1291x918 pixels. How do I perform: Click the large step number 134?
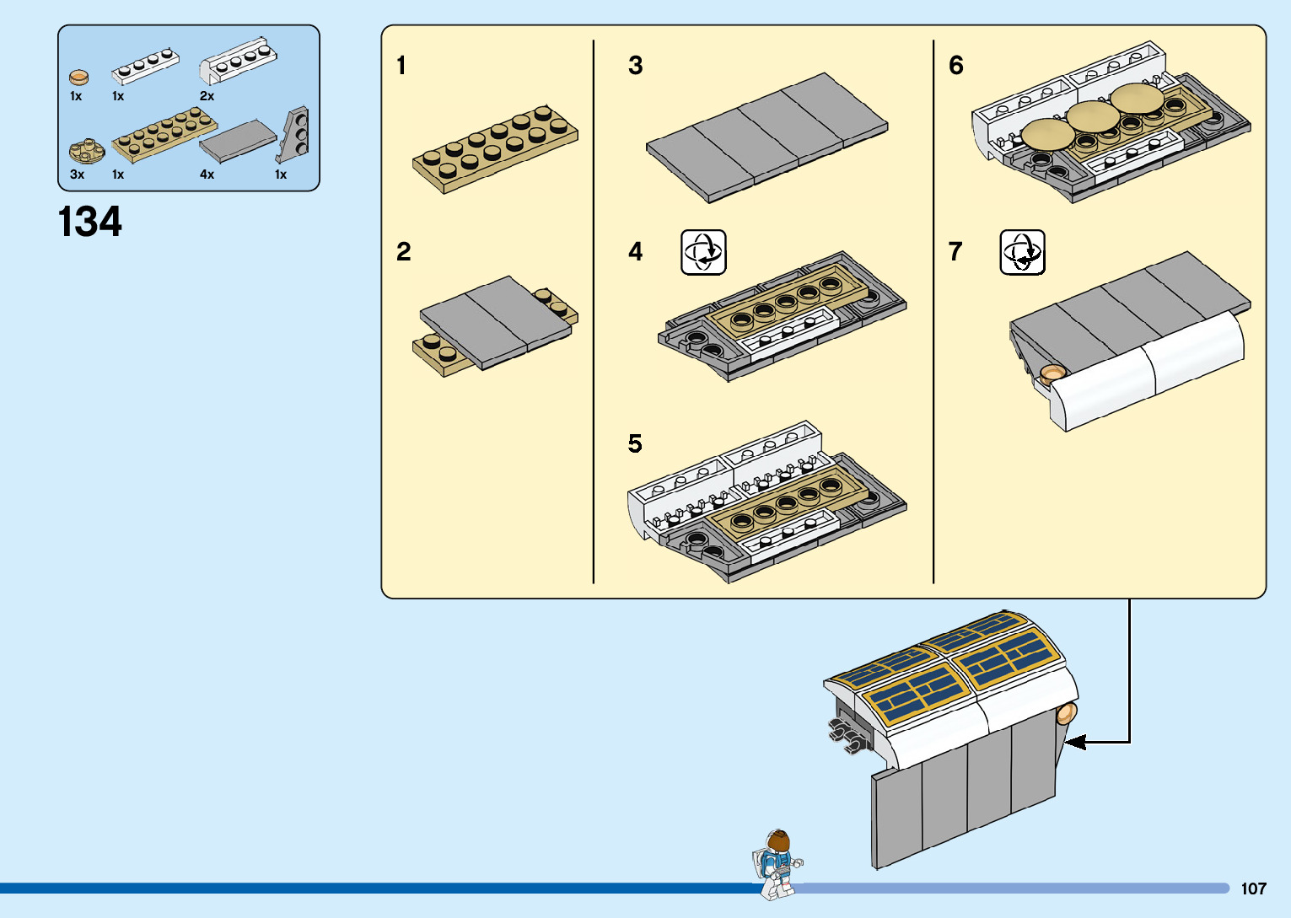coord(90,222)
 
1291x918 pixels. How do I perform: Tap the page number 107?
coord(1253,888)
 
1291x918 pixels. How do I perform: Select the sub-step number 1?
coord(401,66)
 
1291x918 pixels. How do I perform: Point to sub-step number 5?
coord(635,443)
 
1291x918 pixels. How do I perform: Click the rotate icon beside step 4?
coord(703,252)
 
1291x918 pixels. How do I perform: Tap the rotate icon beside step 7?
coord(1022,252)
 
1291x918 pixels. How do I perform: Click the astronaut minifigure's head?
coord(779,841)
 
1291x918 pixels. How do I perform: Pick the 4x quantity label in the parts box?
coord(207,174)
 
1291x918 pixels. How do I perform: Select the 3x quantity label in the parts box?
coord(77,174)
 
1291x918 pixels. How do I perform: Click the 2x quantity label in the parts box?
coord(207,96)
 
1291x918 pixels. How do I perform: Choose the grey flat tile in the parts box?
coord(238,141)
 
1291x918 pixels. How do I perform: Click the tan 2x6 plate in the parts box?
coord(164,135)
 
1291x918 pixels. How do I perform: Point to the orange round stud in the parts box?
coord(78,78)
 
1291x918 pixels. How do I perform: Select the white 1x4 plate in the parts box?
coord(146,67)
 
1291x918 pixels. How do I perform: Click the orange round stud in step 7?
coord(1052,373)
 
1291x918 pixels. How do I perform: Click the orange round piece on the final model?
coord(1067,714)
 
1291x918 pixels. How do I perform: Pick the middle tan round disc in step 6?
coord(1094,115)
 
